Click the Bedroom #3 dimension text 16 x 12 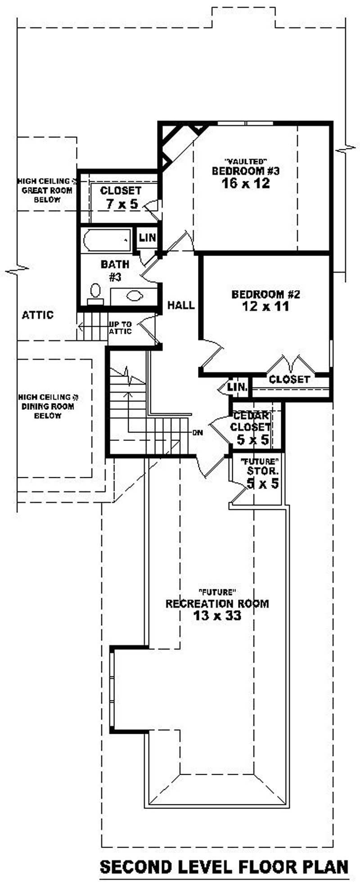pyautogui.click(x=246, y=183)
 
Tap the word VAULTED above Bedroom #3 pyautogui.click(x=246, y=161)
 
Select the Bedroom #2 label pyautogui.click(x=265, y=295)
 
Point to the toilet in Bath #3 pyautogui.click(x=95, y=293)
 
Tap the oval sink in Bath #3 pyautogui.click(x=135, y=296)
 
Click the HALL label pyautogui.click(x=181, y=305)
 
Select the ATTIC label pyautogui.click(x=38, y=315)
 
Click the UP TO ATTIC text pyautogui.click(x=120, y=328)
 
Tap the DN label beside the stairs pyautogui.click(x=198, y=433)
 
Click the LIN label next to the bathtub pyautogui.click(x=147, y=238)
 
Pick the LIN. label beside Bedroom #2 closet pyautogui.click(x=237, y=387)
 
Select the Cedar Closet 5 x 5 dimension pyautogui.click(x=253, y=440)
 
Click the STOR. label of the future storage pyautogui.click(x=263, y=471)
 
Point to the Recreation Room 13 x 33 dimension pyautogui.click(x=217, y=615)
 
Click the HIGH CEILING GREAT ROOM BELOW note pyautogui.click(x=47, y=190)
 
